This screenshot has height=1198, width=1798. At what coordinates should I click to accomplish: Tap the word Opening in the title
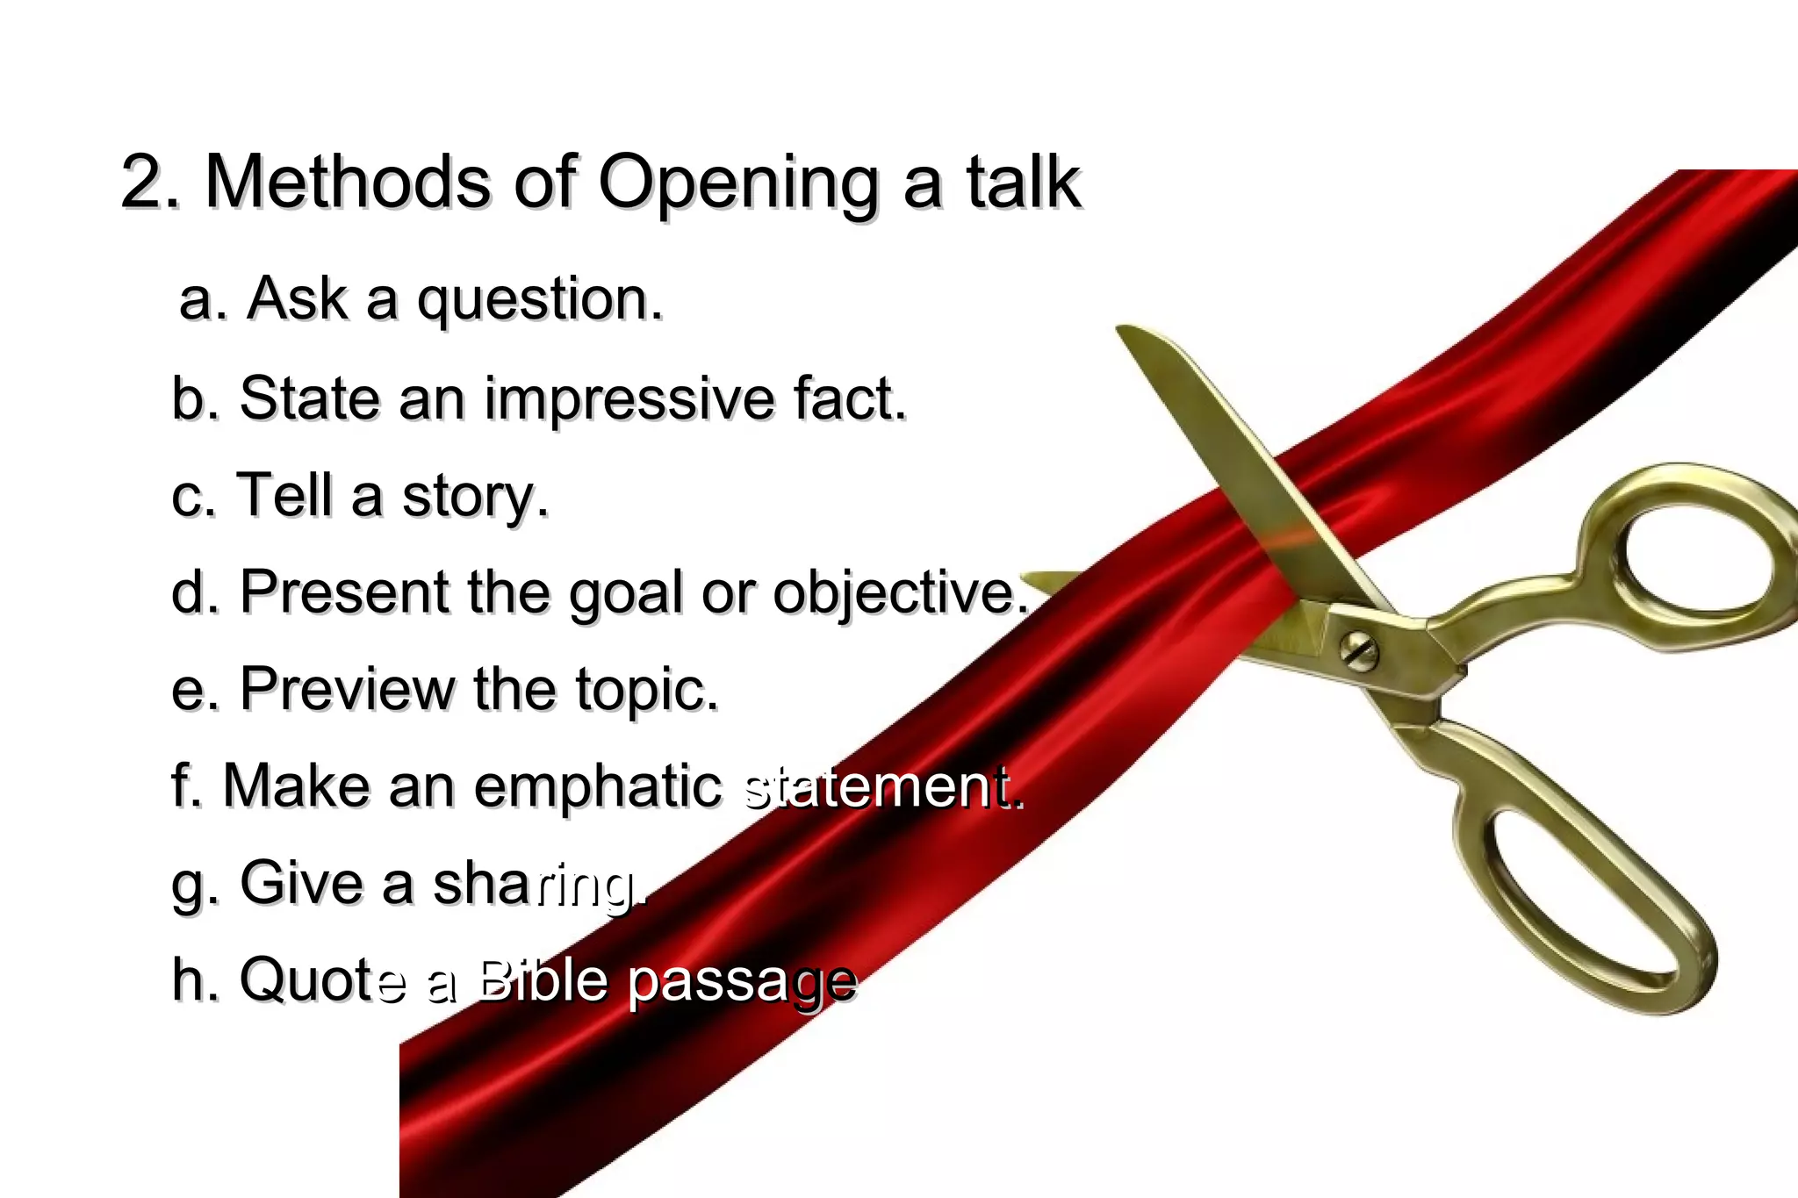[737, 184]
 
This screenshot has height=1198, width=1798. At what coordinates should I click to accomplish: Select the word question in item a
[539, 300]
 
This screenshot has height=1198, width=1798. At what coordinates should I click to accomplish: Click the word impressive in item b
[629, 399]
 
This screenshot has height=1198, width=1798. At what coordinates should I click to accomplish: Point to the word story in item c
[475, 497]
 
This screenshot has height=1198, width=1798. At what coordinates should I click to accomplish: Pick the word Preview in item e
[347, 689]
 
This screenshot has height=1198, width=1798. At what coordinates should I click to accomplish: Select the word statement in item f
[881, 787]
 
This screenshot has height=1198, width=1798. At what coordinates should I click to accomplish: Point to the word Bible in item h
[542, 980]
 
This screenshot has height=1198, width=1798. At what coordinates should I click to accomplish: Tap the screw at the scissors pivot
[1359, 651]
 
